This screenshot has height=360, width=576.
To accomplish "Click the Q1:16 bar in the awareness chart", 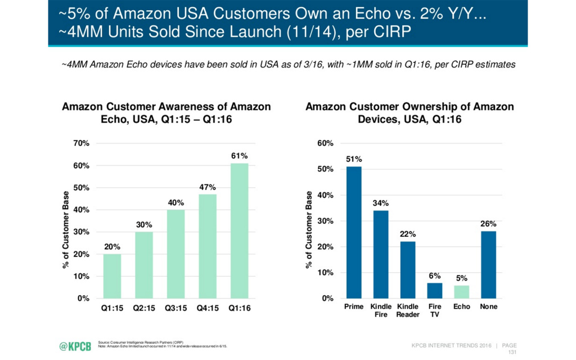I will coord(239,231).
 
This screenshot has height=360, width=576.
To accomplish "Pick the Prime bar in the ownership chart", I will coord(354,232).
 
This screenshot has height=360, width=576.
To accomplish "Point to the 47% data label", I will coord(208,187).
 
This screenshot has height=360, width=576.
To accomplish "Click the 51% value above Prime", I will coord(354,159).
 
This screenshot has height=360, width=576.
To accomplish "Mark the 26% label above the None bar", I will coord(488,224).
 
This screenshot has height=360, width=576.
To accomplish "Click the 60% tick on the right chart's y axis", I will coord(326,143).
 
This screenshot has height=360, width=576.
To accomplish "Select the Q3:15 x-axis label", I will coord(175,308).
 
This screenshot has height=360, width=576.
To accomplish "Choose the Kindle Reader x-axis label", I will coord(408,310).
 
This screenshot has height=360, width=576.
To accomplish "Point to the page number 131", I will coord(512,352).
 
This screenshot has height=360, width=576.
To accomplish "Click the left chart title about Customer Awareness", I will coord(166,112).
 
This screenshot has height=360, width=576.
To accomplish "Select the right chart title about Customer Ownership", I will coord(409,112).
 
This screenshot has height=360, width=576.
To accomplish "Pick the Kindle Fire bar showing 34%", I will coord(381,254).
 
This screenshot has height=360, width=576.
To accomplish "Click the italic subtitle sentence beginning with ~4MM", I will coord(287,65).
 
